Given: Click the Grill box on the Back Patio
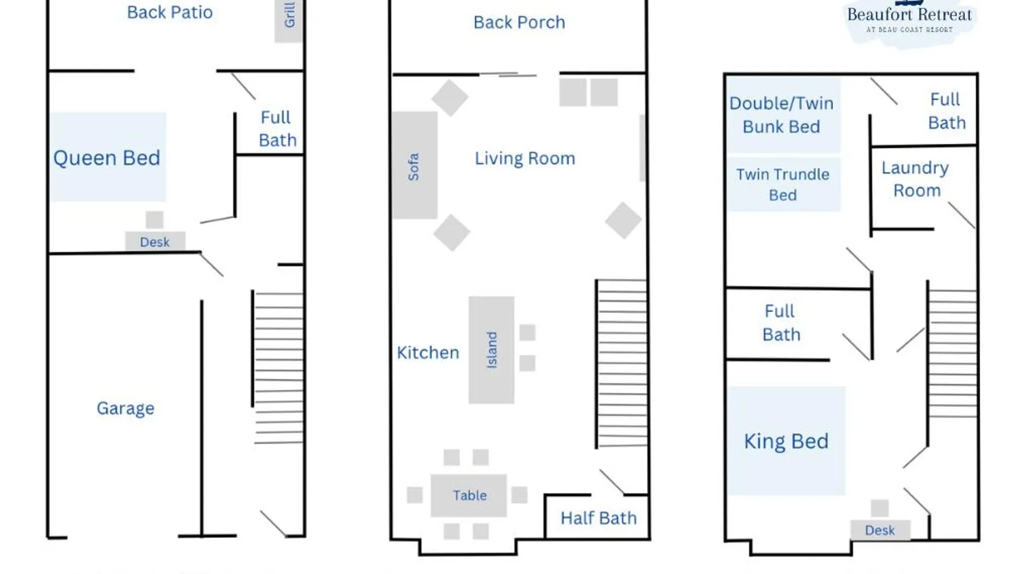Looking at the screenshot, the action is coord(288,21).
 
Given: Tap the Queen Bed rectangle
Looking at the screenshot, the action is coord(107,157).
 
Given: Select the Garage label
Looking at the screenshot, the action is coord(126,408).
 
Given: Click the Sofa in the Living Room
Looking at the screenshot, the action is coord(415,165).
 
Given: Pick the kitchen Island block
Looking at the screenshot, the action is coord(491,350).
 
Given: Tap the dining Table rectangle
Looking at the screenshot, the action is coord(469,495).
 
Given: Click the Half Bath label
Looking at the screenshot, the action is coord(599,518).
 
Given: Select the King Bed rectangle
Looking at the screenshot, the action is coord(787,441).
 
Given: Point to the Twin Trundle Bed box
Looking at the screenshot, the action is coord(783,184).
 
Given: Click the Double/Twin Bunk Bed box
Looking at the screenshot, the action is coord(783,115).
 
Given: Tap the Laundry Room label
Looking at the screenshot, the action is coord(916,179).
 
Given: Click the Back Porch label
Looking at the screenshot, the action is coord(519,22).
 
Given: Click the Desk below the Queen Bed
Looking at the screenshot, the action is coord(155,242).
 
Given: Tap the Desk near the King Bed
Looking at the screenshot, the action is coord(880,530).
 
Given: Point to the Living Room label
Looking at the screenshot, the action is coord(525,158).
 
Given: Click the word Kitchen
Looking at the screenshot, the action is coord(428,352).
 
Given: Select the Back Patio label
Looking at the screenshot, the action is coord(170,12).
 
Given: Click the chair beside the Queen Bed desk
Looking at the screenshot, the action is coord(155,220).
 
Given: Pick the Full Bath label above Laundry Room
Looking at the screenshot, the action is coord(947,111).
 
